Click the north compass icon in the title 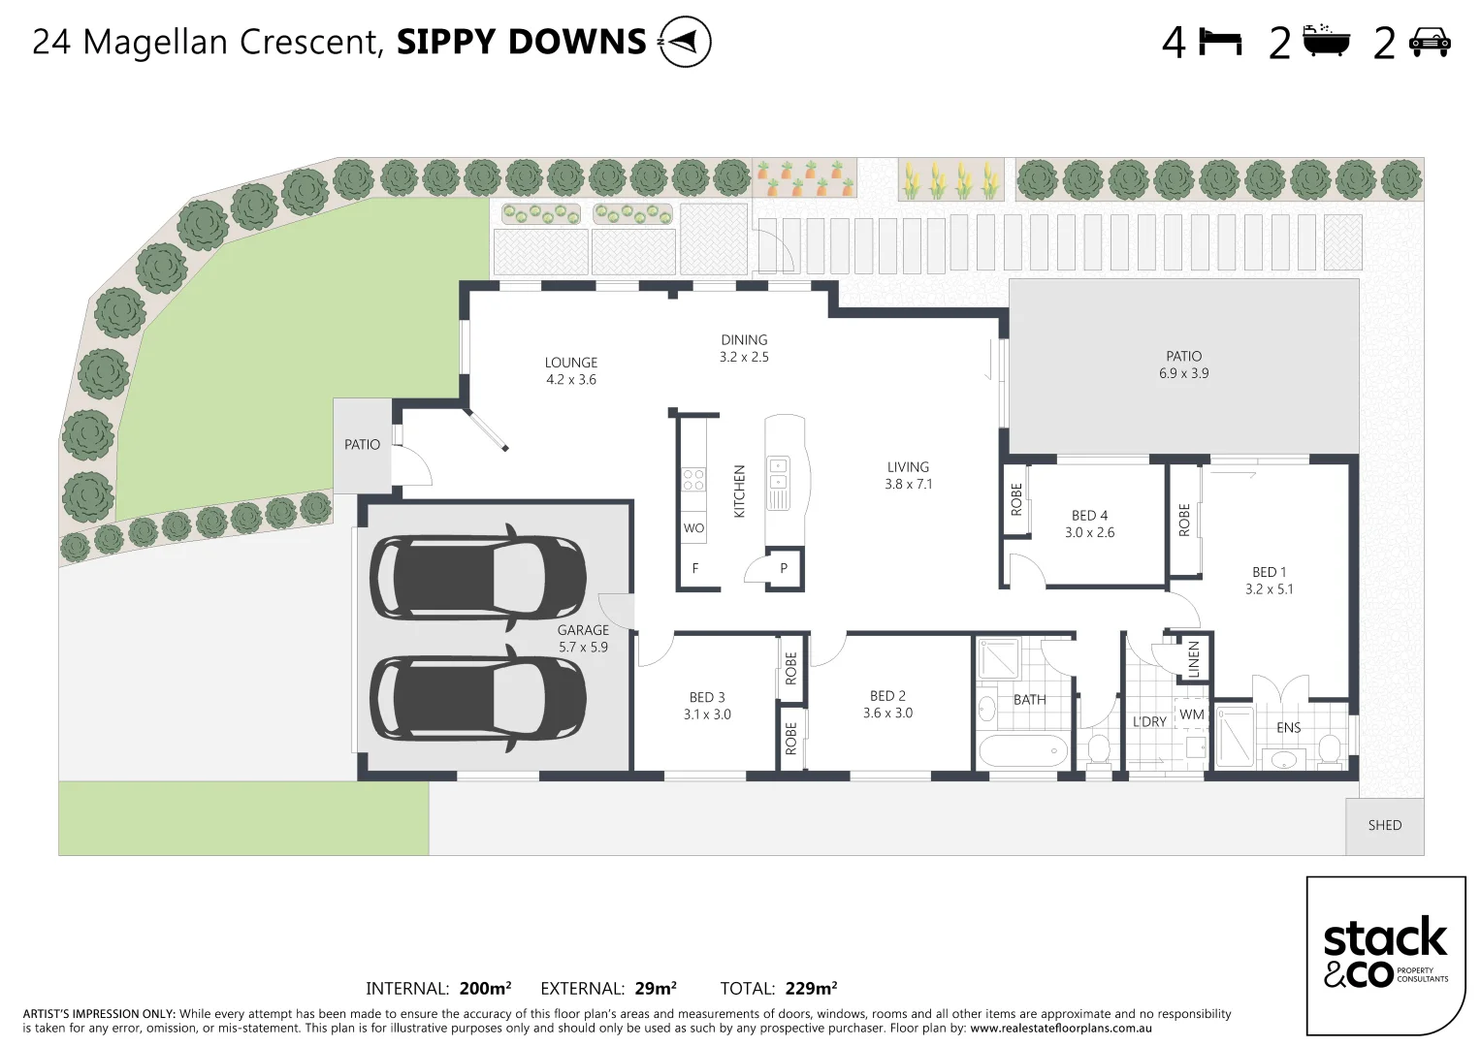(685, 43)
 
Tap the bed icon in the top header (1221, 43)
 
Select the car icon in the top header (1428, 43)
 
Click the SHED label (1384, 825)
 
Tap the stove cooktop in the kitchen (693, 480)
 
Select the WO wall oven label (693, 528)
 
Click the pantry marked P (784, 569)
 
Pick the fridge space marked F (695, 569)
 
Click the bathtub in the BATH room (1022, 750)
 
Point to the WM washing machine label (1191, 714)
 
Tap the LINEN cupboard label (1194, 659)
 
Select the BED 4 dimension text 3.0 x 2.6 (1090, 532)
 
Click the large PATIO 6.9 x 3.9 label (1183, 365)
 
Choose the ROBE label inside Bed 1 (1184, 520)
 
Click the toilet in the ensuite (1330, 747)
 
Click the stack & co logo (1385, 955)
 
